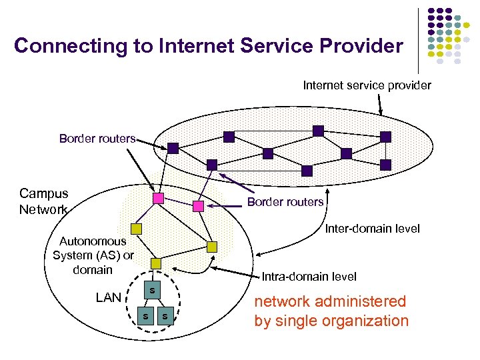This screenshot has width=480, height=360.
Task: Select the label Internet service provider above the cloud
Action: coord(367,85)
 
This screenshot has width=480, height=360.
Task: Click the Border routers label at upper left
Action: coord(97,139)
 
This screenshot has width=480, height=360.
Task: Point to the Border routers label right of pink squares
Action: coord(285,202)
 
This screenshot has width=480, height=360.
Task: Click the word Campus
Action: coord(43,194)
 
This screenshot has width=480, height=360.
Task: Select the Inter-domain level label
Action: coord(372,229)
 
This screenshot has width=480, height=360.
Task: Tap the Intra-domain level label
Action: coord(309,277)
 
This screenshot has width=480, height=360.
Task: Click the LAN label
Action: coord(108,297)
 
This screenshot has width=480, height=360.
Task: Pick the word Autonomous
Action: coord(93,241)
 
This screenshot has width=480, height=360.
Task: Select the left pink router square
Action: coord(158,199)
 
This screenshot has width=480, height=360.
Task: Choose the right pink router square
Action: coord(198,206)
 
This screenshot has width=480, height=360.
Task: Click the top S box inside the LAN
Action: coord(153,290)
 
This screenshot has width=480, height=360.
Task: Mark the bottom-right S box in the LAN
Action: coord(165,315)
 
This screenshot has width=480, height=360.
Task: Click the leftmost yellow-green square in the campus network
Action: coord(136,229)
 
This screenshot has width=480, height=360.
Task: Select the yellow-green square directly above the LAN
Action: coord(155,263)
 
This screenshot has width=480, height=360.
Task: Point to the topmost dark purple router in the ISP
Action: coord(318,131)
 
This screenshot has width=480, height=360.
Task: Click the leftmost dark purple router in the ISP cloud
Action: coord(173,148)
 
